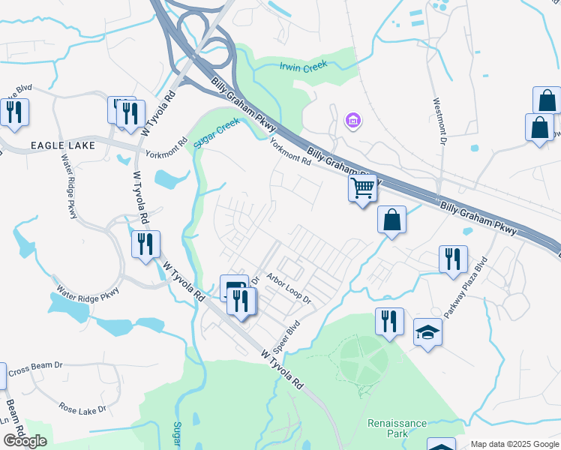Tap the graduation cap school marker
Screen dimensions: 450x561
click(427, 331)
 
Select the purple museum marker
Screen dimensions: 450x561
click(352, 120)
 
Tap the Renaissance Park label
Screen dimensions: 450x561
click(397, 428)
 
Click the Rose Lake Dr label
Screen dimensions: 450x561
click(82, 409)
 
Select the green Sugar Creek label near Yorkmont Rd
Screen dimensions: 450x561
click(217, 132)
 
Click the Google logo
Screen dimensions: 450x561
click(24, 440)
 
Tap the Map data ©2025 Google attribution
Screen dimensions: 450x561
click(514, 444)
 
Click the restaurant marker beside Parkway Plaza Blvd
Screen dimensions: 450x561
click(453, 258)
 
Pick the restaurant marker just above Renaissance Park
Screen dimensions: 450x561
click(389, 321)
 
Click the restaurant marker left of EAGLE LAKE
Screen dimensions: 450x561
click(14, 112)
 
